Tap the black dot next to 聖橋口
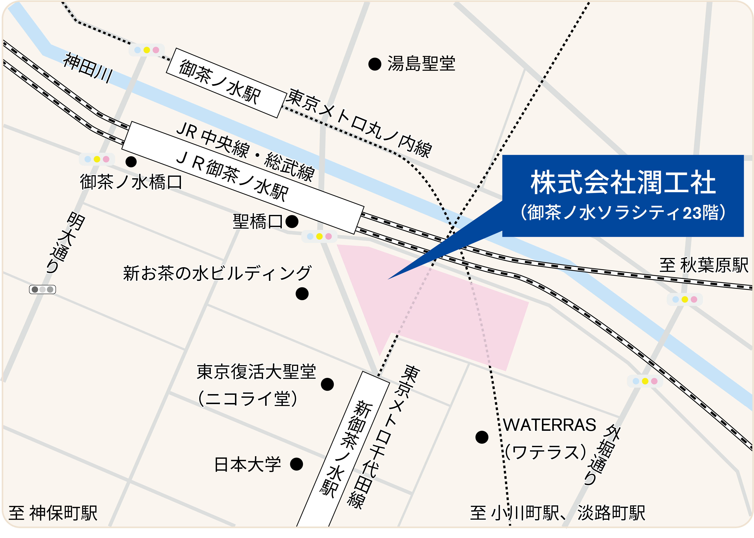pyautogui.click(x=292, y=222)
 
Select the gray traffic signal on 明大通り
pyautogui.click(x=42, y=290)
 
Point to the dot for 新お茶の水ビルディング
pyautogui.click(x=302, y=294)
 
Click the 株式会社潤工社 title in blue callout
pyautogui.click(x=623, y=183)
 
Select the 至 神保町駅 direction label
pyautogui.click(x=53, y=513)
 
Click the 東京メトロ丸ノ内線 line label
pyautogui.click(x=359, y=123)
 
